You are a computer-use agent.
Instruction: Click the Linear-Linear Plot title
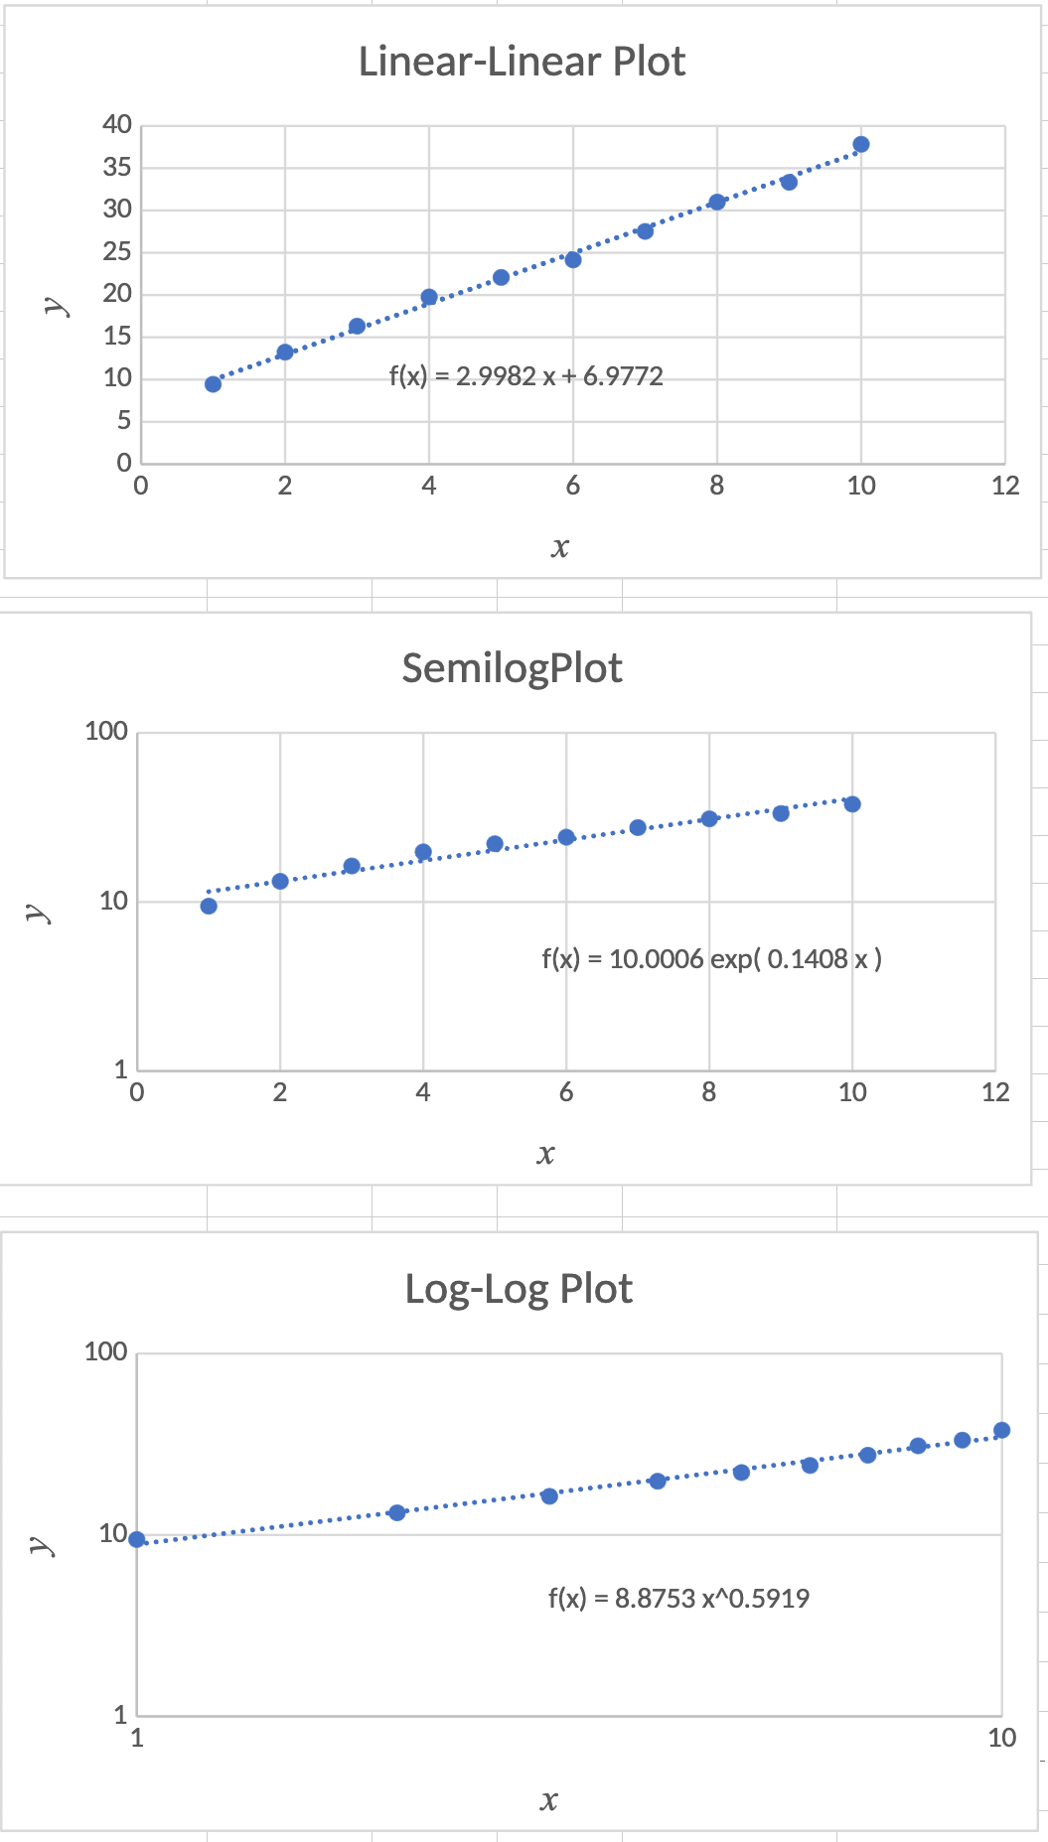(522, 62)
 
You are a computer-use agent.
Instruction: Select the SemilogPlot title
(512, 668)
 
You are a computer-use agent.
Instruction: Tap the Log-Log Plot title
(519, 1289)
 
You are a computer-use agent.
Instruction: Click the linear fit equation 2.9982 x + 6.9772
(525, 376)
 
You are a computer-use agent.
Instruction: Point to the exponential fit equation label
(711, 959)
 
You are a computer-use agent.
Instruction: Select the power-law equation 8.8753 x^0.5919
(678, 1598)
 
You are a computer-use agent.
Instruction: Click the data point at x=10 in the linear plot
(861, 145)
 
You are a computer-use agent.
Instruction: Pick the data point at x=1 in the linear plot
(213, 384)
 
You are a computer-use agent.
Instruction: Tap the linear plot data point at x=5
(501, 277)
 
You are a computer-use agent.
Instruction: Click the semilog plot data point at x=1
(209, 906)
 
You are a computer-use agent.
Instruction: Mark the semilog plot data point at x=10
(852, 804)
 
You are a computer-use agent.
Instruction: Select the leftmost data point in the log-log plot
(137, 1539)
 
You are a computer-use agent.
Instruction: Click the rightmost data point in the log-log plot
(1001, 1430)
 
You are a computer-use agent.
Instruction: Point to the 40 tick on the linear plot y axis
(117, 125)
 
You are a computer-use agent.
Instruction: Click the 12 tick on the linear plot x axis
(1005, 486)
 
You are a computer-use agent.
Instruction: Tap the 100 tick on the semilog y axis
(106, 732)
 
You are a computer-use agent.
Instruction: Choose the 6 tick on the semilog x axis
(566, 1093)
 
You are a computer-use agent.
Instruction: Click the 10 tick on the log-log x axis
(1001, 1738)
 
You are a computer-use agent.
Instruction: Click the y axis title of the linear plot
(57, 305)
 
